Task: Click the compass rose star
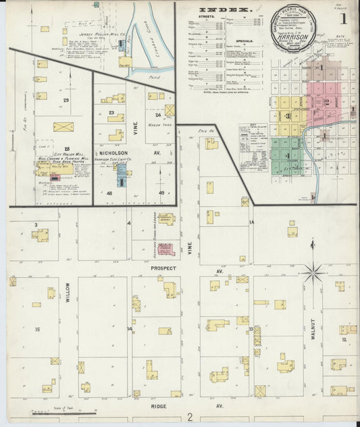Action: pyautogui.click(x=312, y=272)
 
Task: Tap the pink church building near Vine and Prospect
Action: pyautogui.click(x=167, y=249)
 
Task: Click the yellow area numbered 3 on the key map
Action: pyautogui.click(x=288, y=115)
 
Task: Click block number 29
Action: pyautogui.click(x=66, y=100)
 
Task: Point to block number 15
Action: pyautogui.click(x=38, y=329)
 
